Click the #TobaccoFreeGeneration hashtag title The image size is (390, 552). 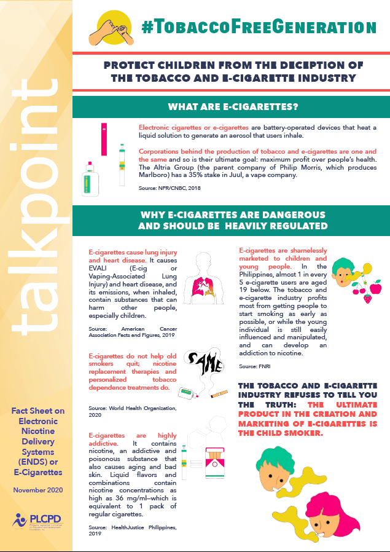(x=258, y=26)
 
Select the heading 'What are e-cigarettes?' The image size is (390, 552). (x=233, y=107)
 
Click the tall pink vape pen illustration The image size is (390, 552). (x=104, y=138)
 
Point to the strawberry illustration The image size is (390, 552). (x=367, y=299)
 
